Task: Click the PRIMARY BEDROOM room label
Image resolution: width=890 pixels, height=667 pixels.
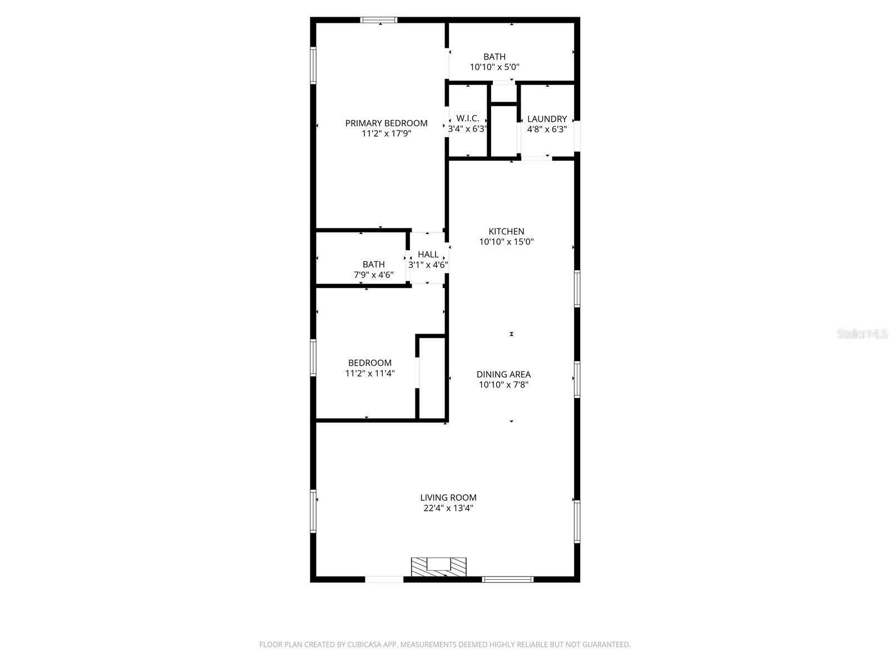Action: tap(386, 123)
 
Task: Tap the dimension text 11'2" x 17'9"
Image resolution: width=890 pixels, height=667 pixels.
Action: tap(386, 134)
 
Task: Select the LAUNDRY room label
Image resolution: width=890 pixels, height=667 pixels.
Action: tap(547, 119)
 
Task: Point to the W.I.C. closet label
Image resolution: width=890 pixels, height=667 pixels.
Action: tap(468, 118)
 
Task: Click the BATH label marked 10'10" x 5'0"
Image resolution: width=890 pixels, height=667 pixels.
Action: tap(495, 57)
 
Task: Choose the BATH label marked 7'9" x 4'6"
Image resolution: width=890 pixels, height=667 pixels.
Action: tap(373, 265)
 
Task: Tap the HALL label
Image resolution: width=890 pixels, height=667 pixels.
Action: tap(428, 255)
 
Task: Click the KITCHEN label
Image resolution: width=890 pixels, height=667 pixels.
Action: tap(506, 232)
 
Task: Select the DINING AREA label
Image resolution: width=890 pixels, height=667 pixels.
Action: tap(503, 375)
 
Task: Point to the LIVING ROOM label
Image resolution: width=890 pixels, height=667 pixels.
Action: tap(448, 498)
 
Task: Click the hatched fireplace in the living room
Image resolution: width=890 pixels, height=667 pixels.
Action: tap(439, 567)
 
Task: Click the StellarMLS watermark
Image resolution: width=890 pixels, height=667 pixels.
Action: tap(862, 334)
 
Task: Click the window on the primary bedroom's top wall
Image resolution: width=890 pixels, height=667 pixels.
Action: tap(379, 20)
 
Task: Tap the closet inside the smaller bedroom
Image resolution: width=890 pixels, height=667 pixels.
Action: tap(432, 378)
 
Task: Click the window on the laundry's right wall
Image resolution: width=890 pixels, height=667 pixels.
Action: tap(577, 136)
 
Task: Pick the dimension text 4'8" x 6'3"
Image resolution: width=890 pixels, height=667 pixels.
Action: tap(547, 130)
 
